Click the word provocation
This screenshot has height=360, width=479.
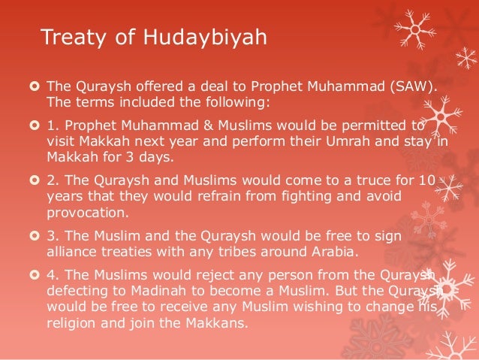click(83, 210)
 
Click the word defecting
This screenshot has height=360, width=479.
click(76, 292)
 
